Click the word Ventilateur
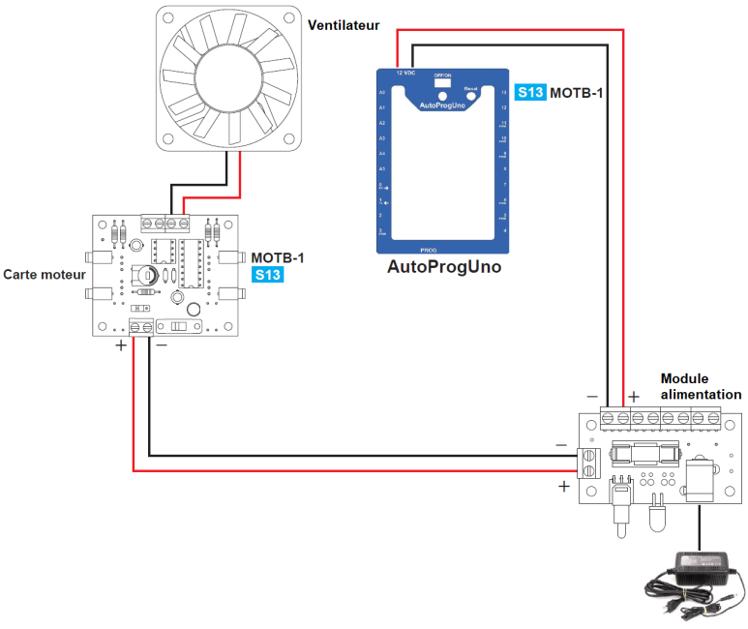click(344, 25)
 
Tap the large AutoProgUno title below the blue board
click(444, 266)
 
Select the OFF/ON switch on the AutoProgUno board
click(444, 83)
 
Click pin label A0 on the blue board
click(383, 93)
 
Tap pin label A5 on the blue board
click(383, 168)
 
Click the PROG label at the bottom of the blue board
click(443, 250)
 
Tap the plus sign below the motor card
click(121, 345)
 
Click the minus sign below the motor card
click(161, 344)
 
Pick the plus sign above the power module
click(634, 396)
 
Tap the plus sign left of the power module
click(563, 487)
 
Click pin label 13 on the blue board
click(504, 93)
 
